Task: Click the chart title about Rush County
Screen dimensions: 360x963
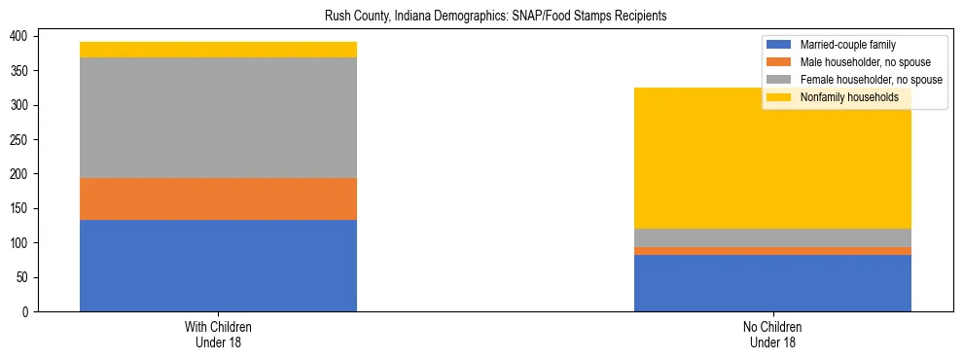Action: click(x=481, y=17)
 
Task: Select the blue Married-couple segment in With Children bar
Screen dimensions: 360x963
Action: click(x=218, y=266)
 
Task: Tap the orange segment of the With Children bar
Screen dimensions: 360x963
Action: click(x=218, y=198)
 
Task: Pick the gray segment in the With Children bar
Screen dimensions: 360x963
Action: click(x=218, y=118)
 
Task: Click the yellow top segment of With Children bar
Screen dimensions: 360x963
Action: click(x=218, y=50)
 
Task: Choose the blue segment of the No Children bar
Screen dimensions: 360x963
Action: click(x=772, y=283)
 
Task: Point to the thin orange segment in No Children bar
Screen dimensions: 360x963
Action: click(x=772, y=251)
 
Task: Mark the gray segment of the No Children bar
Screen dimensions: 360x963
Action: click(x=772, y=237)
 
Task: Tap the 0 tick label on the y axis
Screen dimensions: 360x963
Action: click(x=29, y=311)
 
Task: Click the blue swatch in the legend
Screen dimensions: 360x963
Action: click(x=779, y=45)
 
